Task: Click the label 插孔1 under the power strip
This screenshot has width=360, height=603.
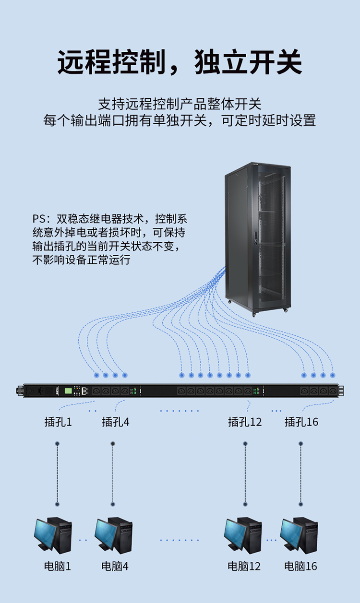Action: pyautogui.click(x=58, y=422)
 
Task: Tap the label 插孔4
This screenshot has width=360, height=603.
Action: pyautogui.click(x=115, y=422)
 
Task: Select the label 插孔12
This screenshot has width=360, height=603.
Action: pyautogui.click(x=245, y=422)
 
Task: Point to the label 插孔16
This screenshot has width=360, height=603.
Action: pyautogui.click(x=301, y=422)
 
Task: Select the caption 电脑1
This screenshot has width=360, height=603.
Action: pyautogui.click(x=58, y=567)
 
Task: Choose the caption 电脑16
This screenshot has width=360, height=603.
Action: pyautogui.click(x=301, y=567)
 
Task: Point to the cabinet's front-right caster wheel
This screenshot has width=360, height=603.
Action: pyautogui.click(x=286, y=309)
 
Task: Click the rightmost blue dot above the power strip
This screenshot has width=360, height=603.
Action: pyautogui.click(x=333, y=375)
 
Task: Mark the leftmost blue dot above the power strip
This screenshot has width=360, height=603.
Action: pyautogui.click(x=96, y=375)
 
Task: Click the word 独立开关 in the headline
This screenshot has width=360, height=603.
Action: pyautogui.click(x=248, y=62)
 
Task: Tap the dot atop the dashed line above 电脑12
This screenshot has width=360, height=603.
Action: pyautogui.click(x=245, y=444)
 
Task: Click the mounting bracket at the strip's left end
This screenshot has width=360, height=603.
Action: pyautogui.click(x=19, y=390)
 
